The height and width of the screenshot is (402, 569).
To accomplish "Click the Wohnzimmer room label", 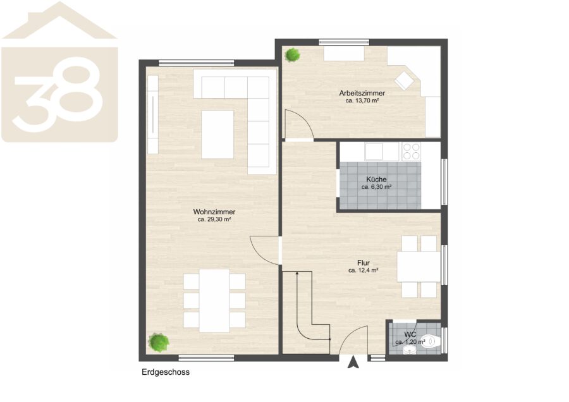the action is [x=214, y=212].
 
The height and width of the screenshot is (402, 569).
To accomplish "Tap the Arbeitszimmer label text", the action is [x=362, y=94].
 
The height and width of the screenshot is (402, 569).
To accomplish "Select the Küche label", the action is [x=376, y=180].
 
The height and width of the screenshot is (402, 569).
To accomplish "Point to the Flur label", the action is [x=364, y=263].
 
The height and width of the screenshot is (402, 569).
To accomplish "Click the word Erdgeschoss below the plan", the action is [x=166, y=372].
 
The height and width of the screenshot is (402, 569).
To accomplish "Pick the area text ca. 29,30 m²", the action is [x=214, y=219].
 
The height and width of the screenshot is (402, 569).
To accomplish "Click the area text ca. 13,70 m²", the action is [x=362, y=100].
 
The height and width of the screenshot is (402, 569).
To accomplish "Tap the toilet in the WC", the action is [x=430, y=341].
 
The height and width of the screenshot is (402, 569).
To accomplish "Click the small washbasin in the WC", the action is [x=409, y=350].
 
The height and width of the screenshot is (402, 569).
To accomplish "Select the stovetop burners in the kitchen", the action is [x=411, y=151].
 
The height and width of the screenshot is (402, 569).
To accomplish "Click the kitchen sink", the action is [x=374, y=151].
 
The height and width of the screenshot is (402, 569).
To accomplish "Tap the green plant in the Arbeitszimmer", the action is [x=292, y=55].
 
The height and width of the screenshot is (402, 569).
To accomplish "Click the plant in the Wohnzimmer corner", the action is [x=159, y=343].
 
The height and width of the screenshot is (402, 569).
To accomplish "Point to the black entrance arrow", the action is [x=353, y=362].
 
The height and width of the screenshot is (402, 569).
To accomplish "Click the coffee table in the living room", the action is [x=217, y=135].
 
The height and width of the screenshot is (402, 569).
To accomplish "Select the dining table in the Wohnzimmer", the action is [x=214, y=301].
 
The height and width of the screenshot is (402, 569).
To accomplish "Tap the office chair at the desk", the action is [x=404, y=80].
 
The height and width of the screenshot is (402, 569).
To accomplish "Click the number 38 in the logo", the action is [x=57, y=94].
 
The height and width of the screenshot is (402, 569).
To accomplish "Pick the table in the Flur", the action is [x=419, y=267].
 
